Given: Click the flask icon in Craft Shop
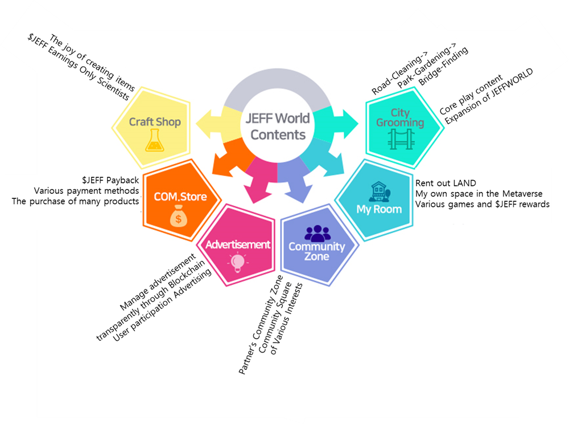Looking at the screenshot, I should click(x=154, y=140).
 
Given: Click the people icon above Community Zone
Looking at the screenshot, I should click(x=317, y=233).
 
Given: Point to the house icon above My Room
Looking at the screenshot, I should click(x=378, y=191).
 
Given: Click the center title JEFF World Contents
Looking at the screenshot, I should click(x=278, y=127).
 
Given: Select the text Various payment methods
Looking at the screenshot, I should click(x=86, y=190).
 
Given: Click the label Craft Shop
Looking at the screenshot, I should click(x=155, y=121).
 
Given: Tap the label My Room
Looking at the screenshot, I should click(x=379, y=209).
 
